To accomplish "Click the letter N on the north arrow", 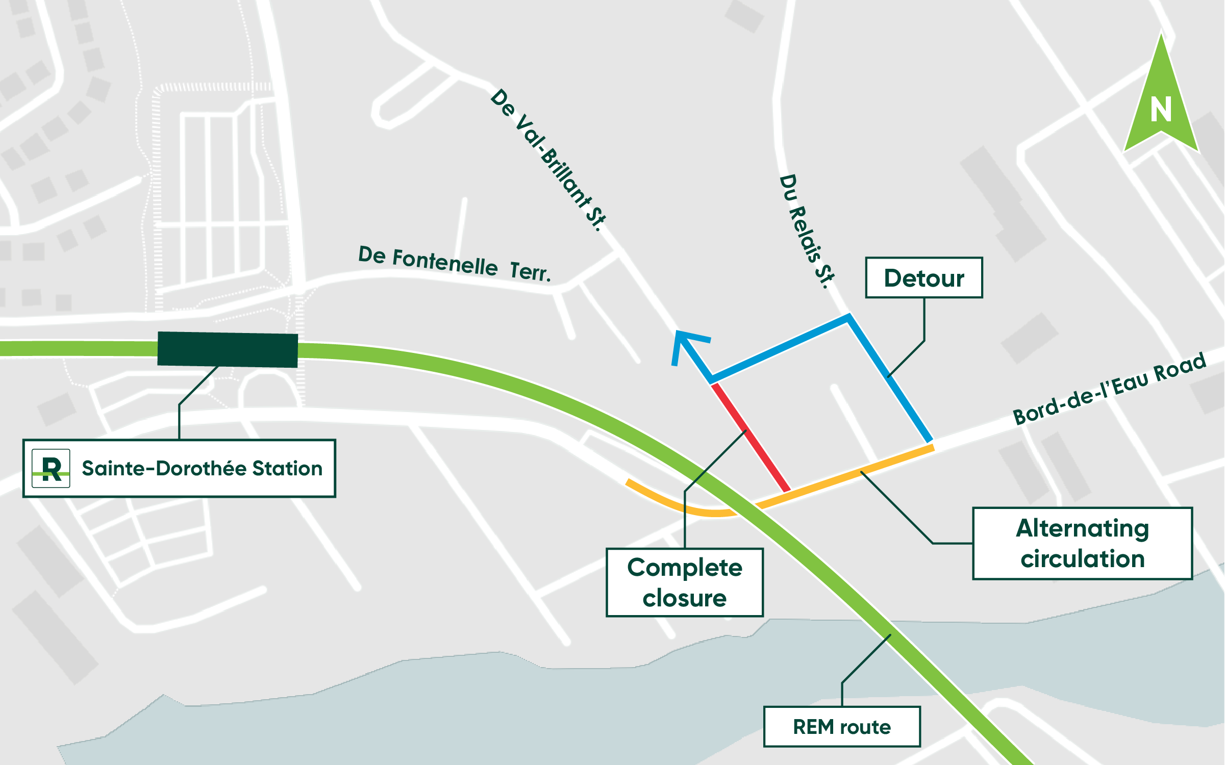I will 1161,110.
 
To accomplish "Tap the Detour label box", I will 924,278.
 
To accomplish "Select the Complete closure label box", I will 685,582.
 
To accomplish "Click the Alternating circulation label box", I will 1082,544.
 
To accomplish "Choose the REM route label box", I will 842,727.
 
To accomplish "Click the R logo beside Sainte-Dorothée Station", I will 51,469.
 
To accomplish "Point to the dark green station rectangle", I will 228,350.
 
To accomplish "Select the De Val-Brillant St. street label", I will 548,160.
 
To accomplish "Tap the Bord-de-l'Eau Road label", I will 1109,389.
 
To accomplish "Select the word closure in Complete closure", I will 685,599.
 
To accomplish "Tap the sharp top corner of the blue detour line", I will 848,317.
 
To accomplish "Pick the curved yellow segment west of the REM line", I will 679,505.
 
